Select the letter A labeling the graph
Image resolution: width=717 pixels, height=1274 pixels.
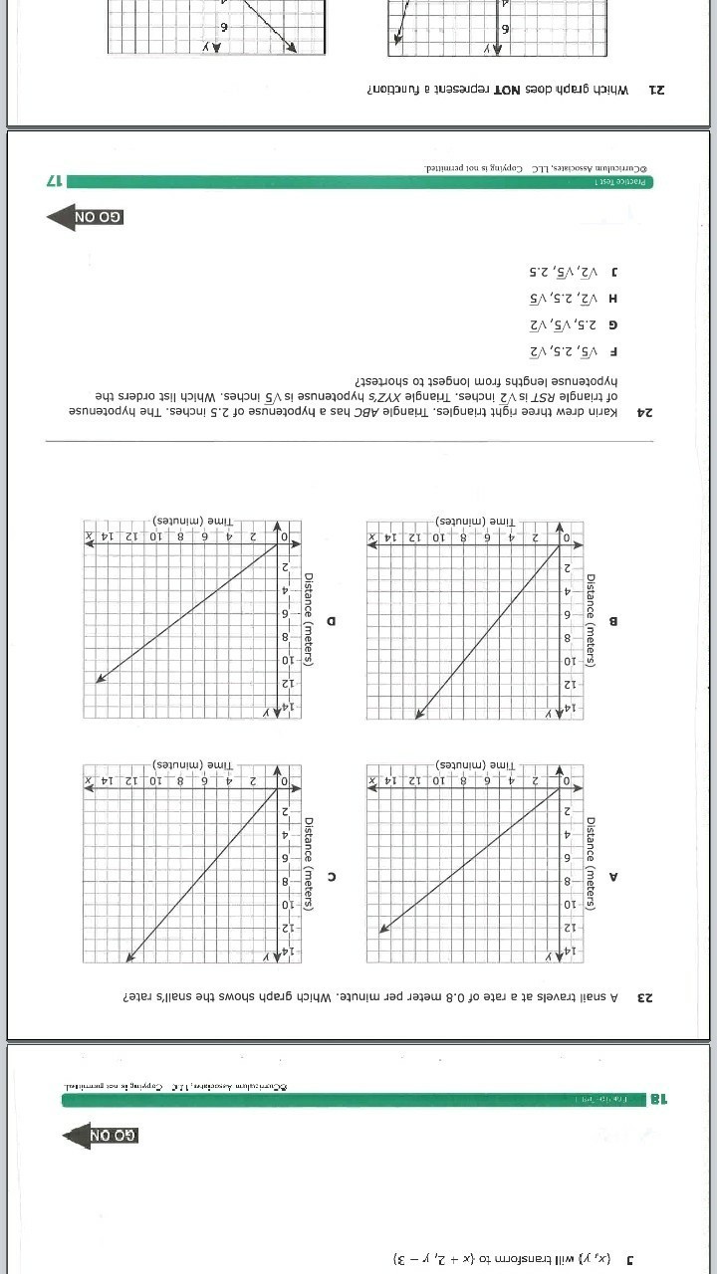click(x=613, y=877)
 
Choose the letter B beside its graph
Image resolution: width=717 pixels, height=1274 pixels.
click(x=613, y=621)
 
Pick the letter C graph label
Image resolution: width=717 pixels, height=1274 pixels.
click(x=331, y=877)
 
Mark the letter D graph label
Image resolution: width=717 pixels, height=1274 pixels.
click(x=331, y=621)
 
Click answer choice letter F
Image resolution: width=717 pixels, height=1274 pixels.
click(x=614, y=351)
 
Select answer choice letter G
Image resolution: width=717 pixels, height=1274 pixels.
click(x=613, y=324)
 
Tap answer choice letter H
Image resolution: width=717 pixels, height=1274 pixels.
click(x=613, y=298)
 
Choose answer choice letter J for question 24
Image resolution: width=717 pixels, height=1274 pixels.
click(x=614, y=271)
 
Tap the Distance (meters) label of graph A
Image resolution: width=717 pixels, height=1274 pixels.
click(x=591, y=863)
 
